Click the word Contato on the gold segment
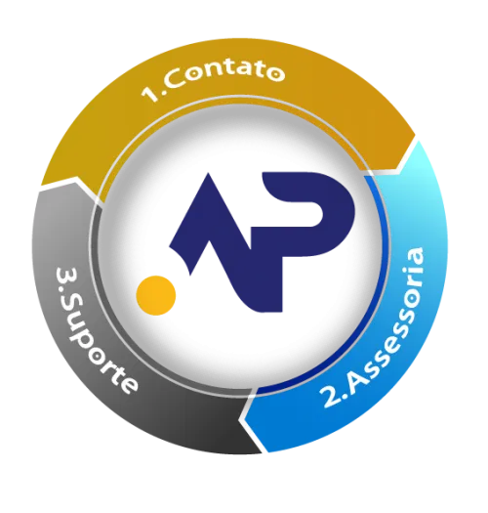pyautogui.click(x=226, y=76)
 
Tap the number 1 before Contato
pyautogui.click(x=149, y=93)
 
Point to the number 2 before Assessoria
pyautogui.click(x=331, y=397)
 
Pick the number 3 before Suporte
pyautogui.click(x=66, y=276)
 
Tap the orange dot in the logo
pyautogui.click(x=156, y=295)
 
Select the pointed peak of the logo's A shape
pyautogui.click(x=208, y=174)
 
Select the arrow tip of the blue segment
pyautogui.click(x=242, y=418)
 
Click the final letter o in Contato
pyautogui.click(x=274, y=73)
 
